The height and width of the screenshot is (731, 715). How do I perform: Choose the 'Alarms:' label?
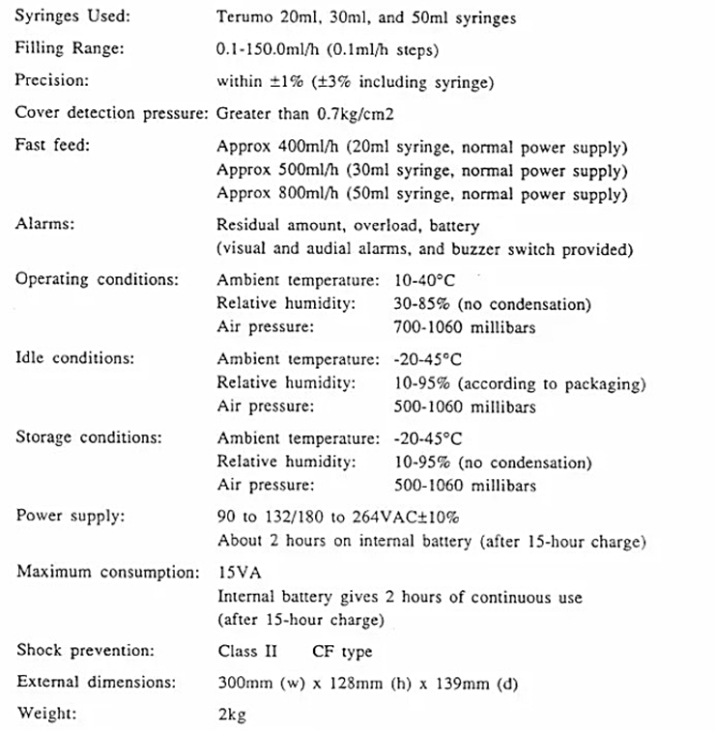[x=41, y=224]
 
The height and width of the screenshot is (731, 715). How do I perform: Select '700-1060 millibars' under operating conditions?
[x=465, y=327]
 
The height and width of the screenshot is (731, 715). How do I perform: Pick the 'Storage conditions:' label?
[x=89, y=437]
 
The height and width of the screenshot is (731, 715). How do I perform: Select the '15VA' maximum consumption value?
[x=236, y=573]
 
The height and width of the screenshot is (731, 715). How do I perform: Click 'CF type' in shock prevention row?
[x=341, y=651]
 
